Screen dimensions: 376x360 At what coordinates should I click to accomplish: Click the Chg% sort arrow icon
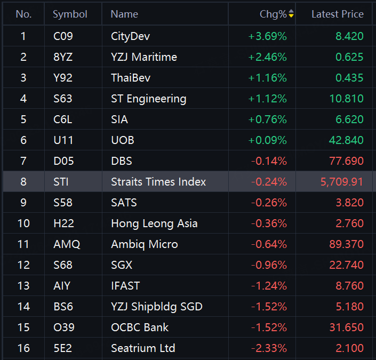(291, 14)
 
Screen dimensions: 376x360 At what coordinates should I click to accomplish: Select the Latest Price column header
(338, 14)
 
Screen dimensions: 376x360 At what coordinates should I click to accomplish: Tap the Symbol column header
(70, 14)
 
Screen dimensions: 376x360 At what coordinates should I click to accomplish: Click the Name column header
(124, 14)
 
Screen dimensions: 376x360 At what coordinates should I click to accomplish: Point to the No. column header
(23, 14)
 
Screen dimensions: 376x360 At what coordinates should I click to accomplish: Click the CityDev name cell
(131, 36)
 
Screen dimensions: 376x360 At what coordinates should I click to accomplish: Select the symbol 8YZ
(63, 57)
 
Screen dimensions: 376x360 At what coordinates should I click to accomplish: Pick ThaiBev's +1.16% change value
(267, 78)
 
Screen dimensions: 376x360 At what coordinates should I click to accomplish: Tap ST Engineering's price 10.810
(347, 99)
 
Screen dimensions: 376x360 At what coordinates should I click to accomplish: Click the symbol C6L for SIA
(62, 119)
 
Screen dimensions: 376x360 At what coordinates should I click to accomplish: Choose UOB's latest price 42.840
(346, 140)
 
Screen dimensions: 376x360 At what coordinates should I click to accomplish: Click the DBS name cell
(122, 161)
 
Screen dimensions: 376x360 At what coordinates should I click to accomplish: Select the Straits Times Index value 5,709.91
(342, 182)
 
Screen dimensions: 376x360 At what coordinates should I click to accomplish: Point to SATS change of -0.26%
(269, 203)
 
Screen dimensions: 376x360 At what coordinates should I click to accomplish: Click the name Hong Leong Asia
(155, 224)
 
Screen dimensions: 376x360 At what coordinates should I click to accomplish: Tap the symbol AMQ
(67, 244)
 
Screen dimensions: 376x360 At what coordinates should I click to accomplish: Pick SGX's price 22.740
(347, 265)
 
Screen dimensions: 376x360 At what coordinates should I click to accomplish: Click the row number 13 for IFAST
(23, 286)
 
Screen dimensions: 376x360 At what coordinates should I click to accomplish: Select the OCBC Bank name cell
(140, 327)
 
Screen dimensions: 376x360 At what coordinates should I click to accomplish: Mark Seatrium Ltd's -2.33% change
(269, 348)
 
